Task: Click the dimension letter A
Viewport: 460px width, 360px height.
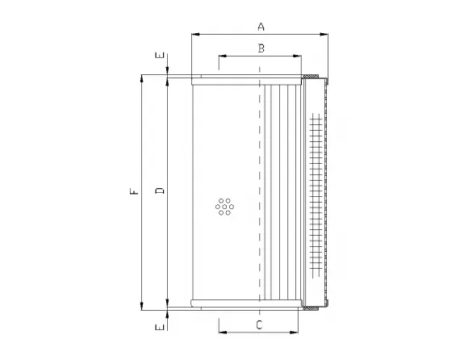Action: [261, 27]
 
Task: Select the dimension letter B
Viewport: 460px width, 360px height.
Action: [261, 48]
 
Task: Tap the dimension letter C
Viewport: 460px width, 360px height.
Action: [259, 325]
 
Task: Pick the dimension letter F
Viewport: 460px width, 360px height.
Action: [135, 191]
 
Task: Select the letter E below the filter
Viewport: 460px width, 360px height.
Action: [161, 327]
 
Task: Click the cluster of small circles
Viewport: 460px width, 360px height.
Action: [224, 207]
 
